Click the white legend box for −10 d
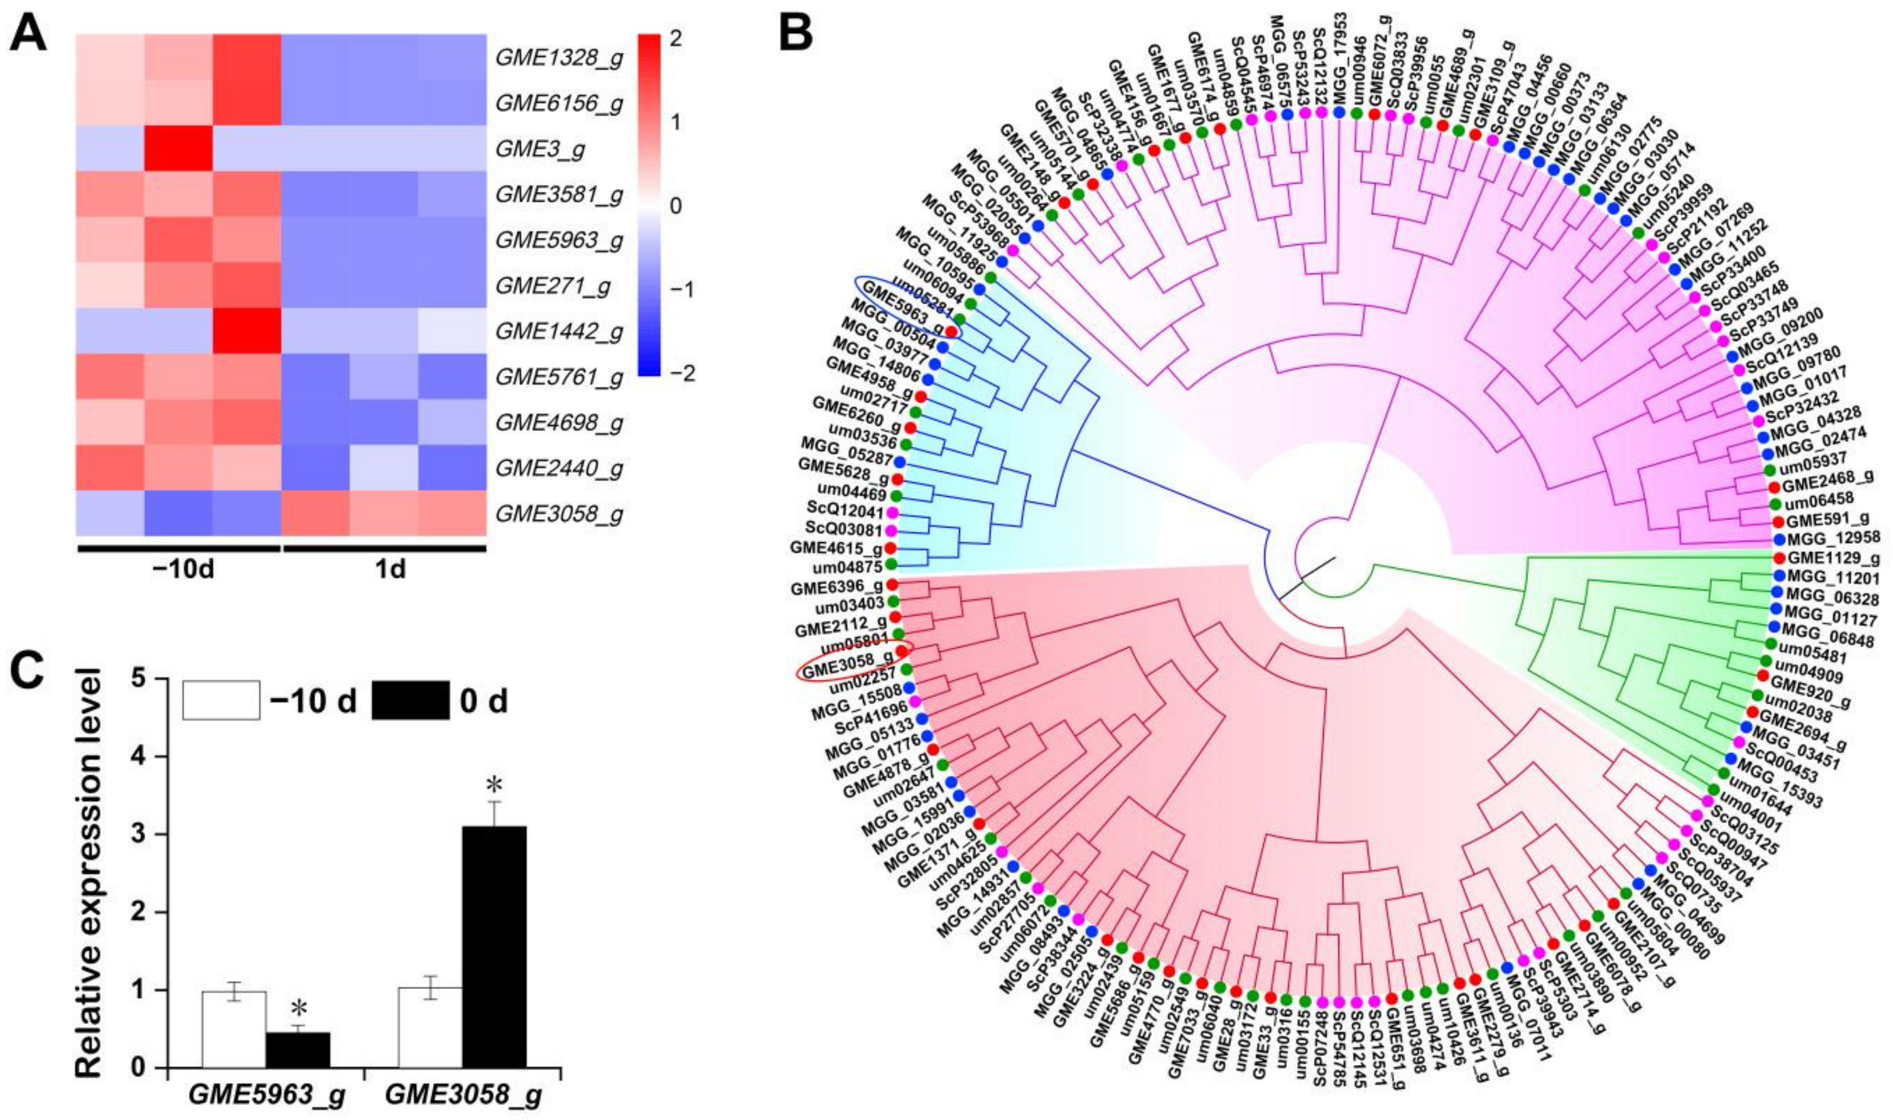pyautogui.click(x=221, y=700)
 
